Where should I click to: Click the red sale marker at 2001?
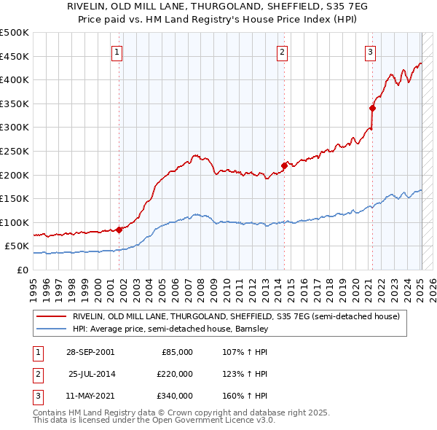coord(119,230)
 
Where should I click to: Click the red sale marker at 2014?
coord(284,165)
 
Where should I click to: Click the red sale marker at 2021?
coord(372,108)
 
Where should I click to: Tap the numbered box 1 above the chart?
coord(117,52)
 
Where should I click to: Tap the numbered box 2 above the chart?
coord(282,52)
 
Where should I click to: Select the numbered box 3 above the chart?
coord(370,52)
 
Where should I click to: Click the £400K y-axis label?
coord(15,80)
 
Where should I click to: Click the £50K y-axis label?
coord(17,246)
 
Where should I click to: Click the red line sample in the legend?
coord(51,317)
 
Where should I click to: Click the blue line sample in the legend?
coord(51,329)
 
